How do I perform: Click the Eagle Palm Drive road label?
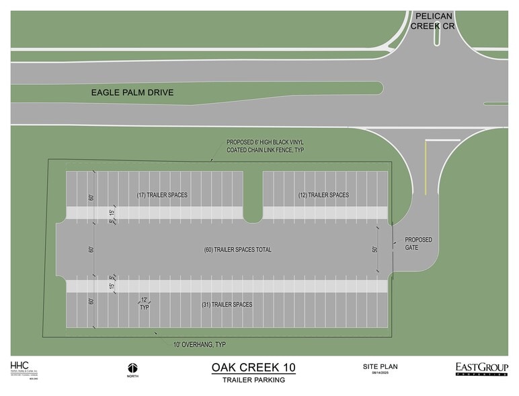(132, 92)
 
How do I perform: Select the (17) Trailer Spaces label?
(161, 195)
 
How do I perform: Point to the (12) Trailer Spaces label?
(323, 195)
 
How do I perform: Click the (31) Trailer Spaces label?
(227, 304)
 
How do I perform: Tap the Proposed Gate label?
(417, 244)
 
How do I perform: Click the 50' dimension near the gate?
(375, 249)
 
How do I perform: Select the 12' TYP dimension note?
(144, 302)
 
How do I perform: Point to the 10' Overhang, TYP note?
(199, 345)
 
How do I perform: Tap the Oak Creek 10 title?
(253, 368)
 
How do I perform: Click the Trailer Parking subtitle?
(253, 380)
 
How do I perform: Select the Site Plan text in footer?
(380, 366)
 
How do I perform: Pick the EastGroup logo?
(481, 368)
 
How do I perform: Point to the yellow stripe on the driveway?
(426, 165)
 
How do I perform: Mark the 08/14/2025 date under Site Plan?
(380, 374)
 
